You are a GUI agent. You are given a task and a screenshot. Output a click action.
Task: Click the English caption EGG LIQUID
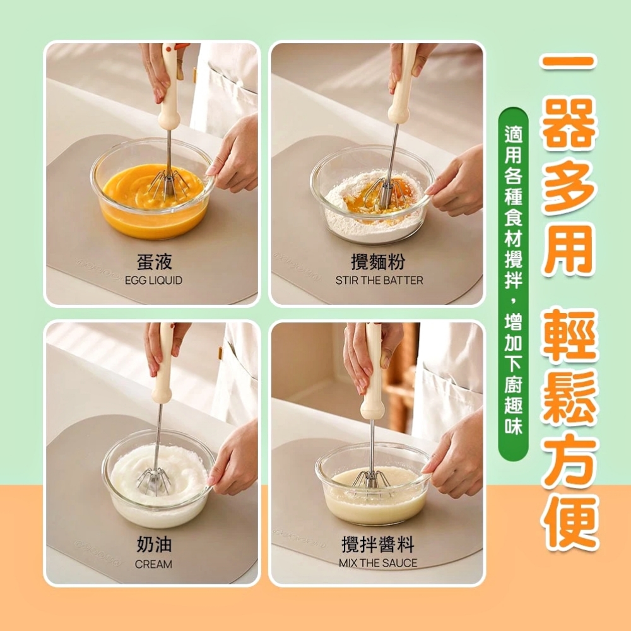coord(153,280)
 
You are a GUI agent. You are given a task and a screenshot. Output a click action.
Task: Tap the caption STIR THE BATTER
coord(379,280)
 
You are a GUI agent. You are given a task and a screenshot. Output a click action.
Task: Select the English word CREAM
coord(153,564)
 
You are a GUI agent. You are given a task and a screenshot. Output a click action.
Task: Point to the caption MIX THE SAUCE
coord(378,563)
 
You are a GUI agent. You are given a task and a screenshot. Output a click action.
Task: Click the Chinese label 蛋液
coord(155,262)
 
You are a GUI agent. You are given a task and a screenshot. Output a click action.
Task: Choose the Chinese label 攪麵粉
coord(378,262)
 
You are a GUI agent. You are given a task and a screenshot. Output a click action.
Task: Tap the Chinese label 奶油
coord(155,544)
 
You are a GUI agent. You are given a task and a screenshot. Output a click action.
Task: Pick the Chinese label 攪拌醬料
coord(378,545)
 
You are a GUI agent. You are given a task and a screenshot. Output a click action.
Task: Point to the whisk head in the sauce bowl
coord(371,479)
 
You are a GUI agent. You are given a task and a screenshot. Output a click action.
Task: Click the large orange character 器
coord(569,125)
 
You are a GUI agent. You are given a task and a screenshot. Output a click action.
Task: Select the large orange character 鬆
coord(569,396)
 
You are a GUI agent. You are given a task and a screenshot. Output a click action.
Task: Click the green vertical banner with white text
coord(513,284)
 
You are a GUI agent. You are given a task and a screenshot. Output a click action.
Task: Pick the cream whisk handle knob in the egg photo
coord(168,119)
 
